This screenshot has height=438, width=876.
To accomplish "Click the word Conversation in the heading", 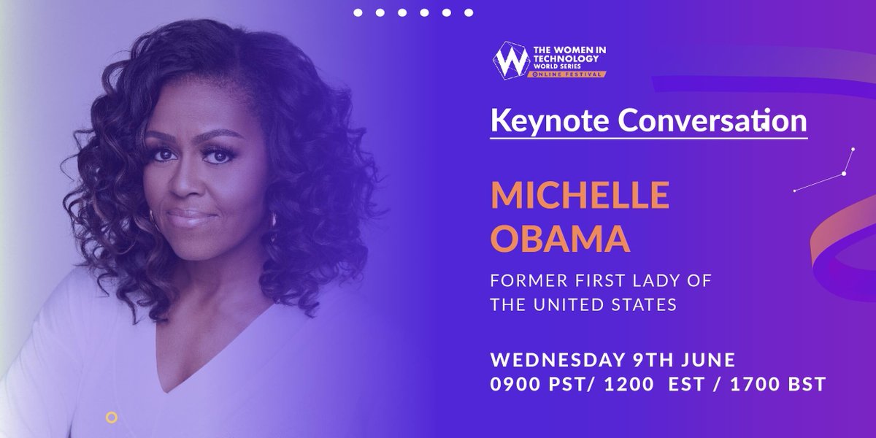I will [707, 120].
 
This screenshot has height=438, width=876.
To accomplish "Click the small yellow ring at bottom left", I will [111, 418].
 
